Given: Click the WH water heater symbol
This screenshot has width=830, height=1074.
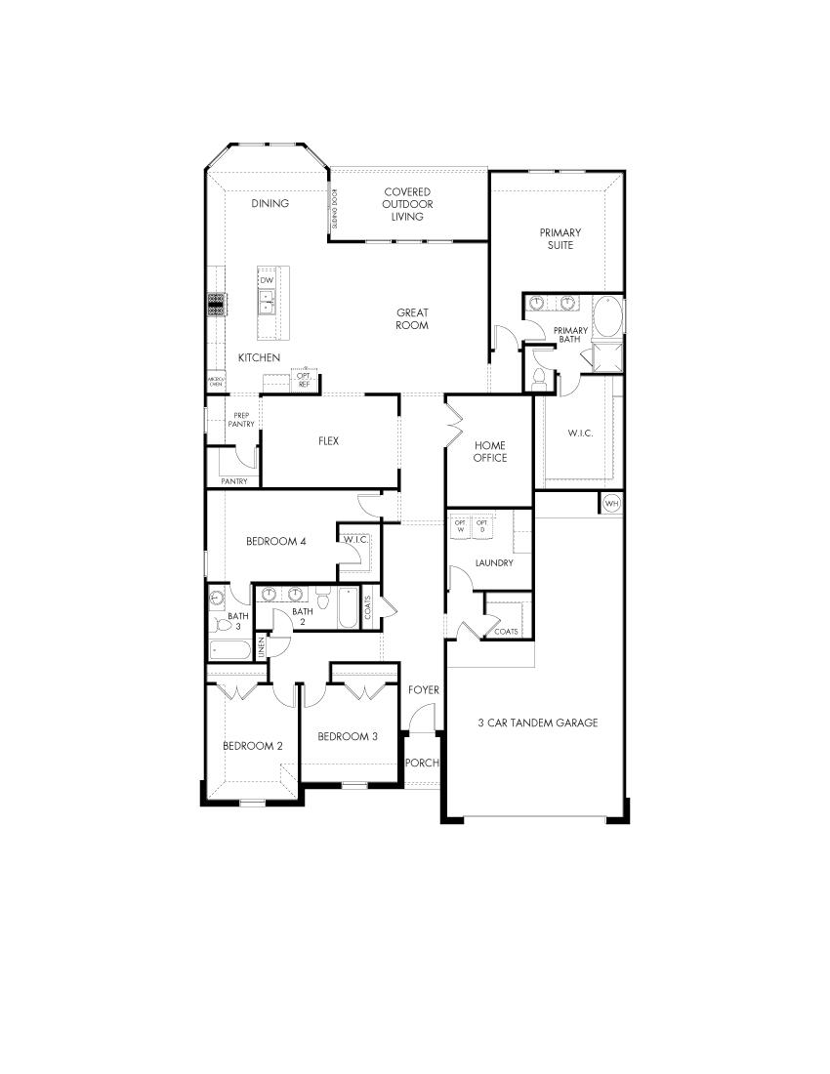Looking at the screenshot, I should click(x=612, y=503).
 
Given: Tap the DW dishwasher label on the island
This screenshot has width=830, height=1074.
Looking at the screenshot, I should click(x=267, y=280).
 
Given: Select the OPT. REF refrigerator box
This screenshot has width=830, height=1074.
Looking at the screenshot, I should click(x=304, y=380).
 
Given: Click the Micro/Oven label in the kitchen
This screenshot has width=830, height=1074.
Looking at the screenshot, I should click(x=215, y=382).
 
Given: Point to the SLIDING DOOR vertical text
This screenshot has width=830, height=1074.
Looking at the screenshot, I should click(x=334, y=209).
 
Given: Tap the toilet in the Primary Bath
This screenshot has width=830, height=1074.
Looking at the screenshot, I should click(x=540, y=375).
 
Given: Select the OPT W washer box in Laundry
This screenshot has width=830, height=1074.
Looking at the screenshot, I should click(x=460, y=526).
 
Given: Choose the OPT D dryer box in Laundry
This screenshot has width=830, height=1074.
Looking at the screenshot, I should click(x=481, y=526).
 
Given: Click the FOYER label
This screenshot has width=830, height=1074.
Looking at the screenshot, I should click(x=424, y=690).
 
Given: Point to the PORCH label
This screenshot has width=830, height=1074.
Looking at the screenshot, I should click(x=422, y=763).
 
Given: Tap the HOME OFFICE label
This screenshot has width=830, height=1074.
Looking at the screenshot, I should click(x=490, y=452).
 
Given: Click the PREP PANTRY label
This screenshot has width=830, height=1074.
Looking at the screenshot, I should click(x=241, y=420).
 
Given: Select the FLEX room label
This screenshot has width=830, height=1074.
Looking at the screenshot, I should click(x=328, y=441).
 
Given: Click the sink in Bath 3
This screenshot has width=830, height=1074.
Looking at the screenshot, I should click(x=217, y=599).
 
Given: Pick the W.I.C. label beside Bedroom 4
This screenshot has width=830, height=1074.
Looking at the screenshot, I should click(x=353, y=539).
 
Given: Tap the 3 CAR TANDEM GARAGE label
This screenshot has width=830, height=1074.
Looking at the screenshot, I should click(x=537, y=723).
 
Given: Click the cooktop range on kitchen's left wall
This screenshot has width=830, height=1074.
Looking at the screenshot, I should click(x=216, y=304).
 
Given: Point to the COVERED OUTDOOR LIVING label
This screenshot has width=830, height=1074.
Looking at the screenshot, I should click(x=407, y=204).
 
